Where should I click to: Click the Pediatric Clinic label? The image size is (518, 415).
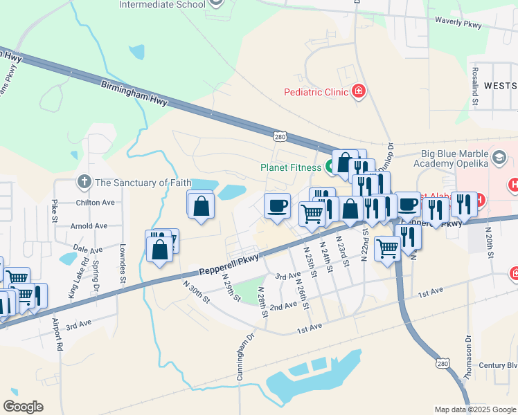(x=316, y=92)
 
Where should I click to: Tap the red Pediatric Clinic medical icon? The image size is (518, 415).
(x=358, y=91)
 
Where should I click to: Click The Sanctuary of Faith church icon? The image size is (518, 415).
(x=84, y=183)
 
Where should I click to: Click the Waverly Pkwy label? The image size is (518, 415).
(x=457, y=21)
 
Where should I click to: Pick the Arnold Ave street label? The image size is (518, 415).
(x=89, y=226)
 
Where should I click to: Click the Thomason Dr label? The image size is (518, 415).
(x=469, y=360)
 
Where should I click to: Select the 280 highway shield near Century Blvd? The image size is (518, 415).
(x=443, y=363)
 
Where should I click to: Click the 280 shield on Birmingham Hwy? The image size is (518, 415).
(x=279, y=137)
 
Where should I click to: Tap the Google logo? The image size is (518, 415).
(x=23, y=406)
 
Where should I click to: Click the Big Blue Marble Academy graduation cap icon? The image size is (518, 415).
(x=497, y=159)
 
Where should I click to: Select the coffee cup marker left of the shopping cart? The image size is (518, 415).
(x=277, y=206)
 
